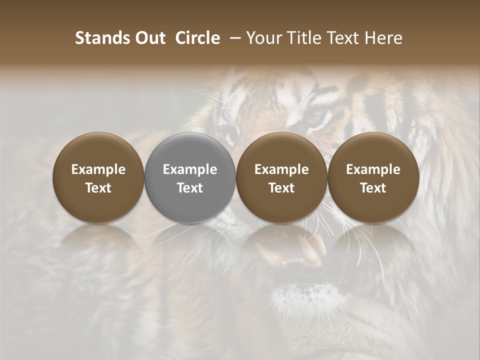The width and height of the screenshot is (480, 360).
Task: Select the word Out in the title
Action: click(150, 38)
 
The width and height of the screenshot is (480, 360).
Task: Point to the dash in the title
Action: click(234, 38)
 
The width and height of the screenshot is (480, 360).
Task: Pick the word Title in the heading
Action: click(302, 38)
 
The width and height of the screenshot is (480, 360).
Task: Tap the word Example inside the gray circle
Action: click(190, 169)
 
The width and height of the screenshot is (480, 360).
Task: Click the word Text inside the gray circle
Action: click(190, 188)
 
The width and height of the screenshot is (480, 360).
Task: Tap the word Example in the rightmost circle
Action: click(373, 169)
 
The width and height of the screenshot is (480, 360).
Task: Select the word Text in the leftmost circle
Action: click(98, 188)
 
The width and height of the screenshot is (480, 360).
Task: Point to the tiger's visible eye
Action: click(315, 118)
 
